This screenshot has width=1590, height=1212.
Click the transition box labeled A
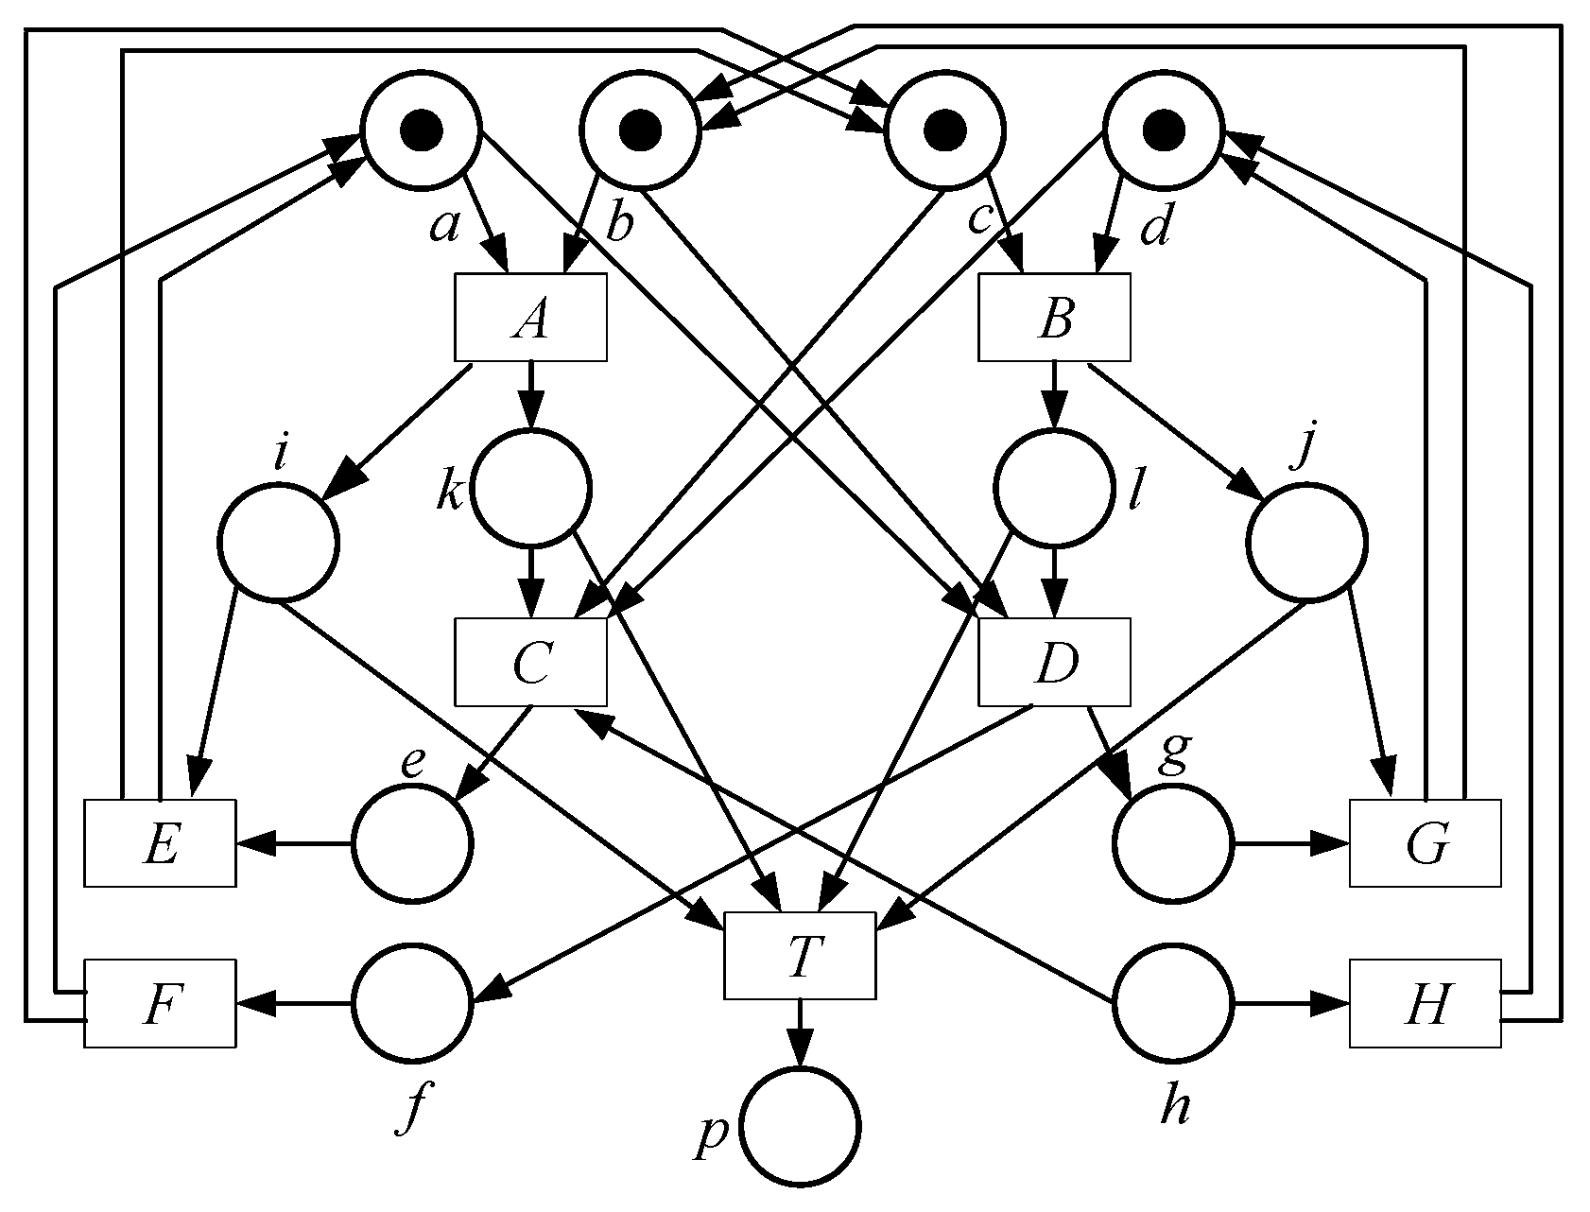(530, 319)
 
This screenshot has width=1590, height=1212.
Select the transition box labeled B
(1054, 319)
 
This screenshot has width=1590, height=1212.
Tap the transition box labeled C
(530, 663)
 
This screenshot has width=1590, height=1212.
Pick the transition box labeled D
(1054, 663)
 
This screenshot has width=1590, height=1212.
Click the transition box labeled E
(160, 843)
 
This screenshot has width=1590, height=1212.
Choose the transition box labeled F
(160, 1003)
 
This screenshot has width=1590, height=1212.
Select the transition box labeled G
(1425, 843)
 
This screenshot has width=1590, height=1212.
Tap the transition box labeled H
(1425, 1003)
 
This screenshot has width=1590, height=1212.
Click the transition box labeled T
(800, 956)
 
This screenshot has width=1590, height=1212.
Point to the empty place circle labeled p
(800, 1126)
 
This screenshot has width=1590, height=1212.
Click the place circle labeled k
(530, 488)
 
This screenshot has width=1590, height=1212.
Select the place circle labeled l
(1053, 488)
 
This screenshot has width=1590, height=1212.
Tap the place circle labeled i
(278, 542)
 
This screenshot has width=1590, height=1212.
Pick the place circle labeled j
(1307, 542)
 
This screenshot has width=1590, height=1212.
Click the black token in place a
(421, 130)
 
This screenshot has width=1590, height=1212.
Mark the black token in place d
(1163, 130)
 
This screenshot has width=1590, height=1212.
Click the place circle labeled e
(412, 841)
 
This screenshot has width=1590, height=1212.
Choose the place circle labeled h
(1173, 1003)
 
